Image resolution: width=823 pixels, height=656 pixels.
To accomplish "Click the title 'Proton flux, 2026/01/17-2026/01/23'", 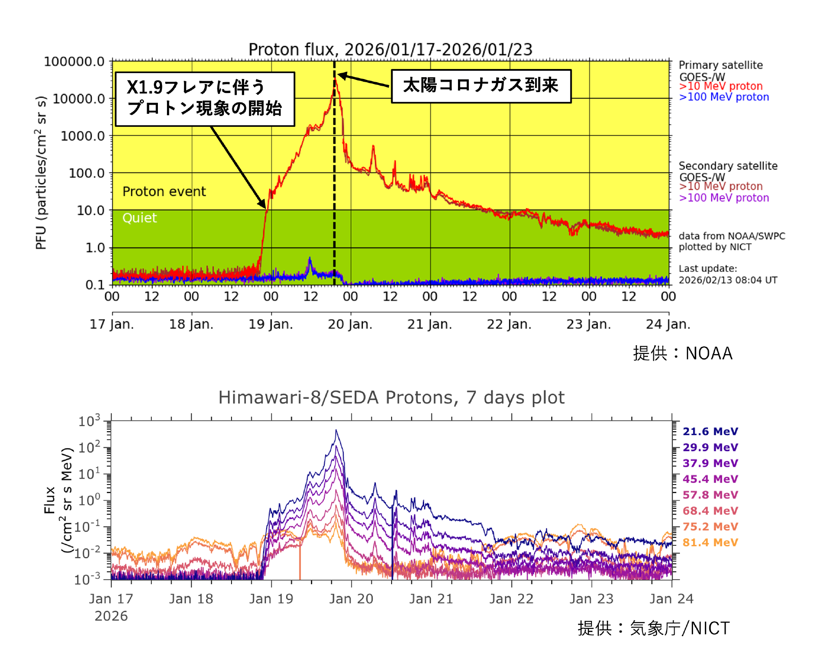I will click(390, 49).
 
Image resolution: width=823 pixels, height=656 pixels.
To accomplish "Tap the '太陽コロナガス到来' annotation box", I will click(481, 86).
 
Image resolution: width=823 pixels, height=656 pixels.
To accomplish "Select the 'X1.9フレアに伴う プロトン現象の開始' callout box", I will click(205, 98).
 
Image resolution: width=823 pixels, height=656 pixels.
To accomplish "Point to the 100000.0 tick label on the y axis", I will click(74, 61).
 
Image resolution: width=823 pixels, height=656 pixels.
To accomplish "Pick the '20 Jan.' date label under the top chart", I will click(350, 324).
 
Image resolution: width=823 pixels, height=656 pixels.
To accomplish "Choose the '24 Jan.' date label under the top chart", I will click(668, 324).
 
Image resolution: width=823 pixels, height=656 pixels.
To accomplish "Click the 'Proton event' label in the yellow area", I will click(164, 191).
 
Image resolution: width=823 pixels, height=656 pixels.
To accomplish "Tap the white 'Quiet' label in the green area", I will click(139, 218).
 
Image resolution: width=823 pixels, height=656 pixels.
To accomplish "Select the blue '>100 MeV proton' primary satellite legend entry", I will click(724, 97).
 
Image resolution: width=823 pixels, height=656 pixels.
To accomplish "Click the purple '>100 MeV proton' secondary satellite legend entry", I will click(724, 198).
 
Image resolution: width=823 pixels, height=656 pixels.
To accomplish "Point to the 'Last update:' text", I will click(707, 269).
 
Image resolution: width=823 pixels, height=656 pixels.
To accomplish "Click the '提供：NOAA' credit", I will click(682, 353).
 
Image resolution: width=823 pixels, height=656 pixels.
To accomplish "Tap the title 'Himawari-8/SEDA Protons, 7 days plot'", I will click(391, 397).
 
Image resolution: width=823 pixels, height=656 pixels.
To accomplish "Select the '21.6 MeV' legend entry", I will click(710, 432).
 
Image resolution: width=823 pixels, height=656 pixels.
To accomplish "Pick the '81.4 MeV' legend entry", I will click(710, 542).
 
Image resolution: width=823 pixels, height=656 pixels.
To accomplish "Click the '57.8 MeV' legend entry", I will click(710, 495).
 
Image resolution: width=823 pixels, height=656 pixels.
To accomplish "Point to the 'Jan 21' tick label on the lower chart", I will click(431, 599).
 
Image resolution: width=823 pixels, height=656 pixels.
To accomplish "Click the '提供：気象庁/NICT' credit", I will click(653, 628).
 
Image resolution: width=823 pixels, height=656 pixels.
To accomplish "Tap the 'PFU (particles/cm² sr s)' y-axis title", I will click(41, 172).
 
